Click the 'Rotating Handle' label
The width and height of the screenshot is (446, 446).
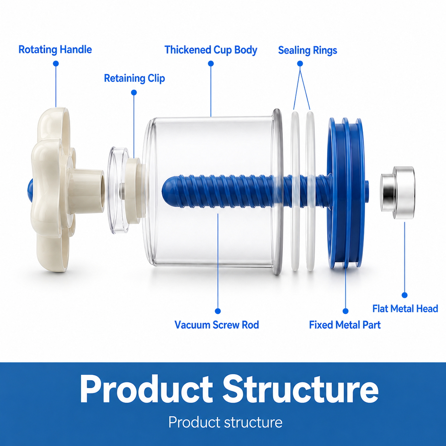coord(55,50)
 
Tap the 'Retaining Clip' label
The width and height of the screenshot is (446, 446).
coord(134,78)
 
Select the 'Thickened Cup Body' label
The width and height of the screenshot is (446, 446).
coord(211,50)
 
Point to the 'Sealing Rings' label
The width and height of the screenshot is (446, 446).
coord(307,51)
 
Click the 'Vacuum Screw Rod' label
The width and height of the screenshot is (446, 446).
coord(217,325)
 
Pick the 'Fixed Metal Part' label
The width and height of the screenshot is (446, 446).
coord(345,325)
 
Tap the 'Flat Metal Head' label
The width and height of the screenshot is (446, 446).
coord(405,308)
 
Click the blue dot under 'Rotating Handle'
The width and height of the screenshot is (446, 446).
coord(56,63)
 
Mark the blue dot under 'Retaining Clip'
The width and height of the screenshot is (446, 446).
coord(134,92)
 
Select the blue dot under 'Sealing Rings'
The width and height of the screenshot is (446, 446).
coord(300,63)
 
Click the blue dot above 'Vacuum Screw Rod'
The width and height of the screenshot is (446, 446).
coord(218,311)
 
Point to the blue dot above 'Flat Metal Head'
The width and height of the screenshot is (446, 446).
coord(405,295)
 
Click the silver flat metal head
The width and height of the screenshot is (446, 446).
coord(398,193)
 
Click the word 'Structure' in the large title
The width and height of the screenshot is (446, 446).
coord(301,389)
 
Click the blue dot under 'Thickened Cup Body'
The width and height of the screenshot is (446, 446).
coord(211,63)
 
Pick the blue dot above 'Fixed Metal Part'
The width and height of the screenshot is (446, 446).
coord(346,311)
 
